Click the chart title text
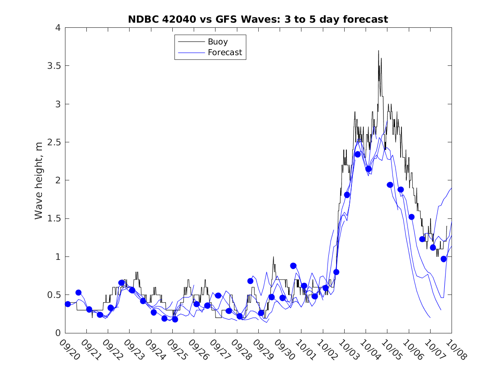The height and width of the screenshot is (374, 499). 258,19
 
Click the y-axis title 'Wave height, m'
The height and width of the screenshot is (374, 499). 39,180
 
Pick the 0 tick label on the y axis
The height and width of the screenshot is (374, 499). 58,333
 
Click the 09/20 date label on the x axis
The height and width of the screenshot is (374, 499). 69,350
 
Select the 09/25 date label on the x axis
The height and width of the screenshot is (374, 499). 177,350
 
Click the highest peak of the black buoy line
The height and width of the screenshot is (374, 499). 378,50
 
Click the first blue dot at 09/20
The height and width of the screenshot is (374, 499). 68,304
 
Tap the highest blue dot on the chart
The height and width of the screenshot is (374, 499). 357,154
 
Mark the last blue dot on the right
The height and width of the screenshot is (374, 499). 443,259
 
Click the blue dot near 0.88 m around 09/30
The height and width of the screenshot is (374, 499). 293,265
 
